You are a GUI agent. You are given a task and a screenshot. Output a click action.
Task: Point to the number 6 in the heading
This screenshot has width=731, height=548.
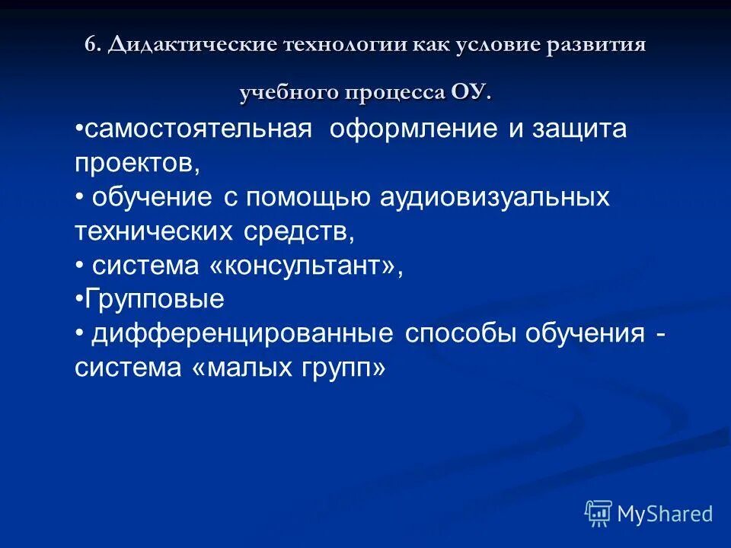coord(91,44)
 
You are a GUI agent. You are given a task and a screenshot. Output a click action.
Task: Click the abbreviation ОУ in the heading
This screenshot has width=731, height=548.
coord(468,93)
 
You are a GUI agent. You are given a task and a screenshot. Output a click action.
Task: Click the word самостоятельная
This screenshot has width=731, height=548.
coord(198,129)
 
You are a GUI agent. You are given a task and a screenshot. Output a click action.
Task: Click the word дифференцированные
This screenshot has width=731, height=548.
coord(243,333)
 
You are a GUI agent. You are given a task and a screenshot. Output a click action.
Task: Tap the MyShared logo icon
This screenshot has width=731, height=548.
coord(598,514)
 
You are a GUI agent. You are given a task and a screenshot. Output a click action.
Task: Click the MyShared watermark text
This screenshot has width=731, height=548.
coord(665,514)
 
